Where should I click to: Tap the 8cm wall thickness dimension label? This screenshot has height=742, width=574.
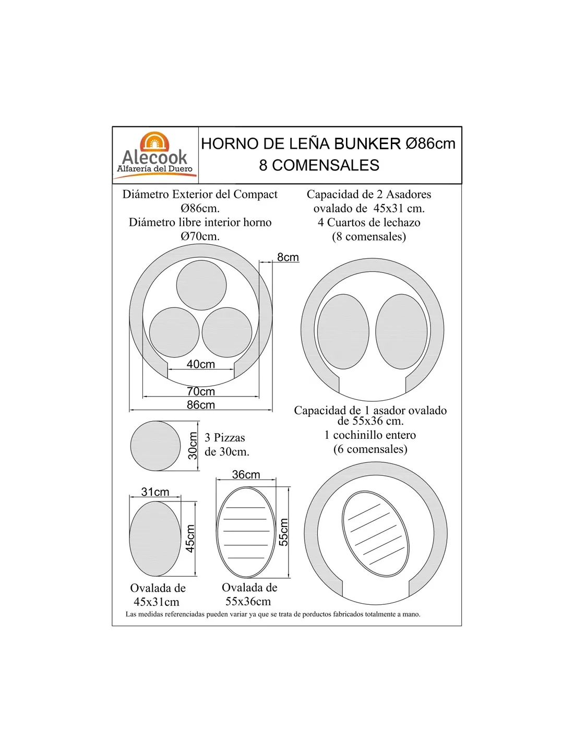pyautogui.click(x=288, y=257)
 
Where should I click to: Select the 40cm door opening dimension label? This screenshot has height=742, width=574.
pyautogui.click(x=200, y=364)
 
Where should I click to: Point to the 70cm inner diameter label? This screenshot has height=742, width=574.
pyautogui.click(x=200, y=391)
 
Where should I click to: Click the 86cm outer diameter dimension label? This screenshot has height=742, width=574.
pyautogui.click(x=200, y=404)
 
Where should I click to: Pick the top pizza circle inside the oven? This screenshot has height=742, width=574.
pyautogui.click(x=201, y=285)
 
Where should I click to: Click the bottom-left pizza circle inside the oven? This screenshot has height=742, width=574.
pyautogui.click(x=174, y=332)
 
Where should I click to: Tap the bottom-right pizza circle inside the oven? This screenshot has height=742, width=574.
pyautogui.click(x=227, y=332)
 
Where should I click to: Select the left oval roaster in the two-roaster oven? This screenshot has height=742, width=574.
pyautogui.click(x=343, y=331)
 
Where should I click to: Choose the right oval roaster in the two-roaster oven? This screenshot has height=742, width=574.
pyautogui.click(x=401, y=331)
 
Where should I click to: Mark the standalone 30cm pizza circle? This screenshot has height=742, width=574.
pyautogui.click(x=156, y=446)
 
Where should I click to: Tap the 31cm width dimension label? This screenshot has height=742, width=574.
pyautogui.click(x=155, y=492)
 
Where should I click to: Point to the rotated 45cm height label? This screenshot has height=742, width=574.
pyautogui.click(x=190, y=538)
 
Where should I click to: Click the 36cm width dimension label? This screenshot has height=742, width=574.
pyautogui.click(x=246, y=474)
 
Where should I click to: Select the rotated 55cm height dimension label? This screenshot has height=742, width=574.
pyautogui.click(x=283, y=532)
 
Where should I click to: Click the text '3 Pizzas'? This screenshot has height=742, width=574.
pyautogui.click(x=225, y=437)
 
